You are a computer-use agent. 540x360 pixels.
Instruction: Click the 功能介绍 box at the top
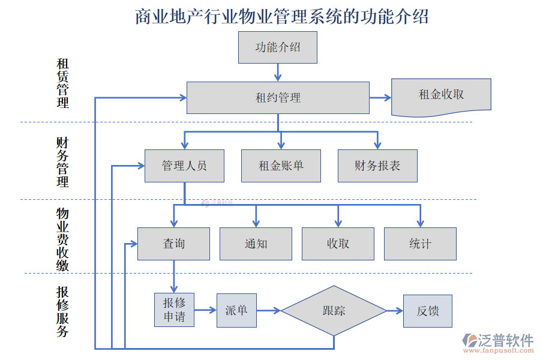[277, 47]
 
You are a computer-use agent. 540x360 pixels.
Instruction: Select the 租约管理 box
[278, 98]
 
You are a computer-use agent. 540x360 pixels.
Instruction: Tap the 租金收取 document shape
[441, 96]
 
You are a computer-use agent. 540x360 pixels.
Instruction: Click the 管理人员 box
[184, 166]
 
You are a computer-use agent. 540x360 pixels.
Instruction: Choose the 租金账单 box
[281, 166]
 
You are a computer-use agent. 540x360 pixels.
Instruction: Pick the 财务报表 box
[377, 166]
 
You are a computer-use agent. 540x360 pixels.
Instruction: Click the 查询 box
[174, 244]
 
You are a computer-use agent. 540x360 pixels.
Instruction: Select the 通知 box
[256, 244]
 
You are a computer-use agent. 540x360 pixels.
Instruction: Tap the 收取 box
[338, 244]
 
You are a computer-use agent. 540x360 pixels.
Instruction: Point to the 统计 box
[420, 244]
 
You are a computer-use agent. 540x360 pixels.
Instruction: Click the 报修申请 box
[174, 310]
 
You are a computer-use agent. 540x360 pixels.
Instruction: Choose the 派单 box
[236, 310]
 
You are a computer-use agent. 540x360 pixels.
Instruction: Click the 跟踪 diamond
[334, 311]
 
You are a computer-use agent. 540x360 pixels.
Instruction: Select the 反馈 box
[427, 311]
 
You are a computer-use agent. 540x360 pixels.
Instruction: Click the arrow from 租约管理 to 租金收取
[380, 98]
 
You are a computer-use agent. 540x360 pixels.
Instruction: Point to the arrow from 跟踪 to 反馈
[394, 311]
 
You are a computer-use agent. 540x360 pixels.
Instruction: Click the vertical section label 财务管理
[62, 162]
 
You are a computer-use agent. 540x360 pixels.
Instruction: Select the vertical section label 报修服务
[62, 311]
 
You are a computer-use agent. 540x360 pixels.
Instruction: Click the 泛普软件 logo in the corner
[497, 343]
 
